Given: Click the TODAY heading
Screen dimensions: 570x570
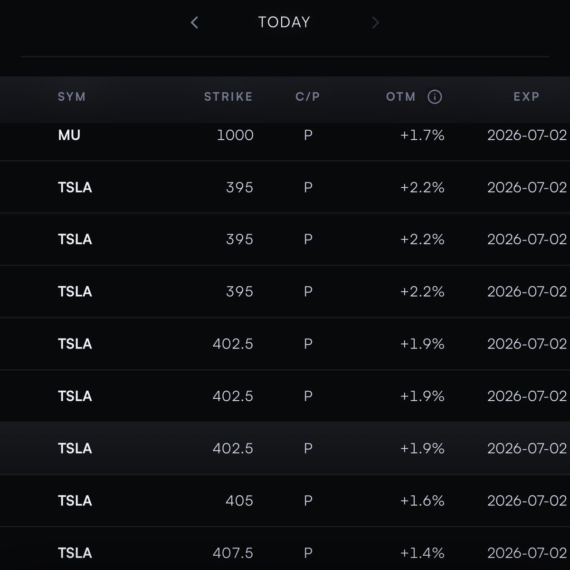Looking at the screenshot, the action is [x=284, y=22].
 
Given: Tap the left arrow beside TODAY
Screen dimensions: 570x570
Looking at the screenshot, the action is [x=194, y=22].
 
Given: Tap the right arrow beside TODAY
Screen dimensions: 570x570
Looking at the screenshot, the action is [x=375, y=22].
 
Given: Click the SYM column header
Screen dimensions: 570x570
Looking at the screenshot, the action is [x=72, y=97].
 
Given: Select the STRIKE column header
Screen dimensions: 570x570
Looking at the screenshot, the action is [x=228, y=97].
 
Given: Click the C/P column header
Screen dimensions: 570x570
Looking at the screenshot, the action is [x=308, y=97].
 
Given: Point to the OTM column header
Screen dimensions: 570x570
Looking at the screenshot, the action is [x=401, y=97].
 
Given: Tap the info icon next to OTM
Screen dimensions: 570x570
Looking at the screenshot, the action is [x=435, y=97].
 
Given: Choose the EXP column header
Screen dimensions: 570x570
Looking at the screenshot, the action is [x=526, y=97].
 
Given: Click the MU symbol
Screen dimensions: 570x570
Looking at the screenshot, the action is [x=69, y=135].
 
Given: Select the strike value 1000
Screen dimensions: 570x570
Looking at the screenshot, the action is [x=235, y=135].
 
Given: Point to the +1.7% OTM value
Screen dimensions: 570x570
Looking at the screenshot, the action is [x=422, y=135].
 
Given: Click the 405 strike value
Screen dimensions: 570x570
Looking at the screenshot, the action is [x=239, y=501].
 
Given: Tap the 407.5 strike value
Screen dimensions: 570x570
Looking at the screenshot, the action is [x=233, y=553].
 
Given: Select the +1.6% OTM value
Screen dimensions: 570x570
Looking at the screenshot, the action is [x=422, y=501].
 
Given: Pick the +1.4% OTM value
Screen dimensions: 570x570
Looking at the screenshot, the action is [x=422, y=553].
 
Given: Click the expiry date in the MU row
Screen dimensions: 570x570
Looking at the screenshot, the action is [x=527, y=135].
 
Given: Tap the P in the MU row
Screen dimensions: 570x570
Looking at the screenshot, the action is [x=308, y=135].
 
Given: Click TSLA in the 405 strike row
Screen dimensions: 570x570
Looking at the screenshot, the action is [x=75, y=501].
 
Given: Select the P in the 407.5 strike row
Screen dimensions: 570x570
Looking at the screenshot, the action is [x=308, y=553].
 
